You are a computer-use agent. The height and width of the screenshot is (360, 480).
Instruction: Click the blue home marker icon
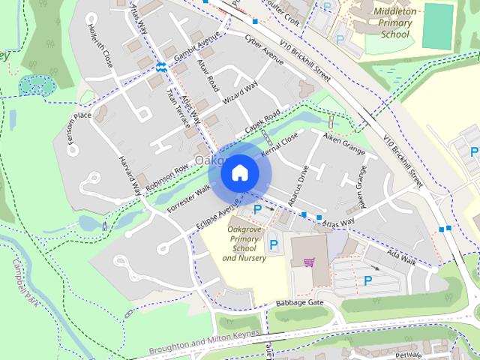(x=238, y=172)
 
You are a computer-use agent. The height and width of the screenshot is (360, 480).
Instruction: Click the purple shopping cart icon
(x=308, y=262)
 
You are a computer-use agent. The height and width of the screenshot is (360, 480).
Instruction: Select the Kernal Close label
(x=280, y=145)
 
